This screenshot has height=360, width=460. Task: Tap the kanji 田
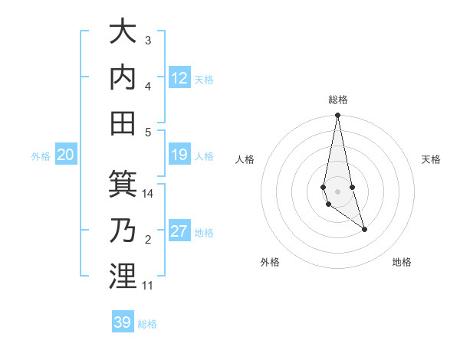tap(123, 122)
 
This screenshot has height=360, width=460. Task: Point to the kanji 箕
tap(123, 185)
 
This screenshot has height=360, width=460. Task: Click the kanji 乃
tap(123, 230)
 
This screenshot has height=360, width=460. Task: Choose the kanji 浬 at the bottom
tap(123, 276)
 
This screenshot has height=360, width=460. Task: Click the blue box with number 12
tap(179, 78)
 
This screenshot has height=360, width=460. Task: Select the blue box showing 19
tap(179, 155)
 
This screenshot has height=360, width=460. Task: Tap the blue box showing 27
tap(179, 232)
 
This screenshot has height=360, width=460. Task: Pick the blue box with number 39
tap(123, 322)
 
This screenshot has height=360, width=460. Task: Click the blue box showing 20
tap(66, 155)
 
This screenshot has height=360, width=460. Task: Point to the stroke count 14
tap(148, 194)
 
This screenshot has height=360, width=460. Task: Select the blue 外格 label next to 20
tap(41, 156)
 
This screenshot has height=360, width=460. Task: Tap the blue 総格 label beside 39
tap(147, 324)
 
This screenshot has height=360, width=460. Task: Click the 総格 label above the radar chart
tap(337, 100)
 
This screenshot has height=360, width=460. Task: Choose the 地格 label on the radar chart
tap(402, 262)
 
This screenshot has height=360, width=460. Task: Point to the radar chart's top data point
tap(337, 116)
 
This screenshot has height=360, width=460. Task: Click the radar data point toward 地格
tap(364, 229)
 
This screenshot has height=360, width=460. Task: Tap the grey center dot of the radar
tap(337, 191)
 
